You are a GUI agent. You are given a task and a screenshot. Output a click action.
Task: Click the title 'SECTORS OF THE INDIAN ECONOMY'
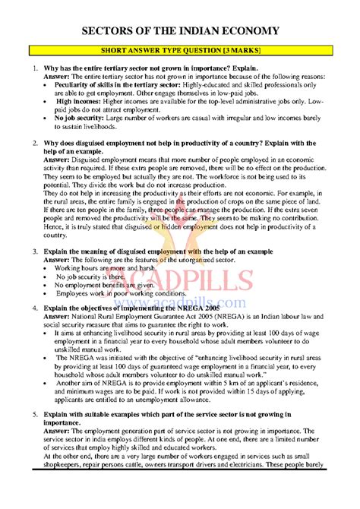tap(180, 30)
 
